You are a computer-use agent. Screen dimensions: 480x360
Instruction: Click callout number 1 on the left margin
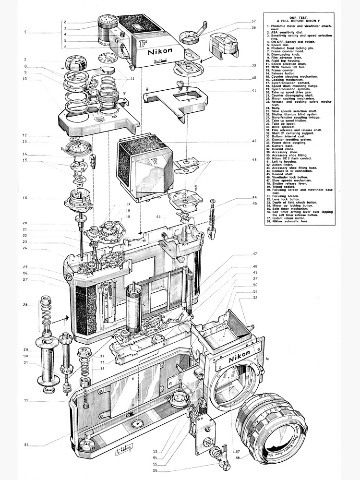[25, 32]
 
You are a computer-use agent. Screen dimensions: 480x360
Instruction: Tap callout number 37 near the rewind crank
[254, 22]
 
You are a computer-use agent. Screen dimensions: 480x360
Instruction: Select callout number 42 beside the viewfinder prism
[254, 141]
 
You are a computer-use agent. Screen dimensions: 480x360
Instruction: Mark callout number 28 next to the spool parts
[25, 304]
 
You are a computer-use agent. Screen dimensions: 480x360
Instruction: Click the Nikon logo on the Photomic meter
[158, 51]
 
